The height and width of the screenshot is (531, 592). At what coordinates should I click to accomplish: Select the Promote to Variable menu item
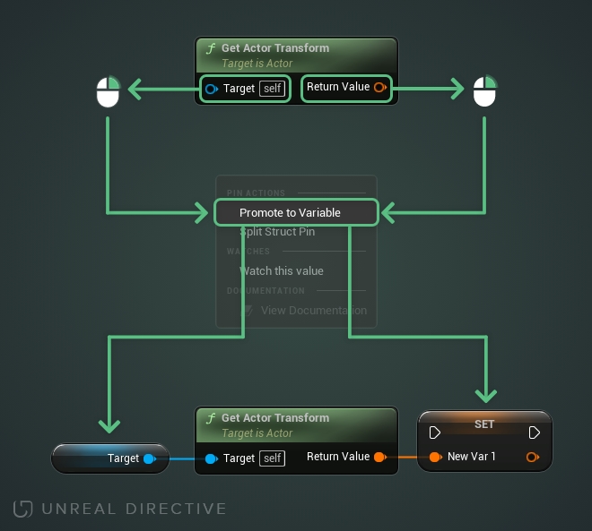pos(290,213)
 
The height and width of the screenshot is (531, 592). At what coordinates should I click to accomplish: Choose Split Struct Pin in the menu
pos(277,232)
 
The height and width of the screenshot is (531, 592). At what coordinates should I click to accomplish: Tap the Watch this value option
pos(281,270)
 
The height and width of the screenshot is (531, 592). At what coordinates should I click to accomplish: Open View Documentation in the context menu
pos(313,311)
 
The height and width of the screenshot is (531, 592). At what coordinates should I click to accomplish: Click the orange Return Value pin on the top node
pos(379,88)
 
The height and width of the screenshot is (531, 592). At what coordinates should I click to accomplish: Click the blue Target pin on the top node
pos(212,89)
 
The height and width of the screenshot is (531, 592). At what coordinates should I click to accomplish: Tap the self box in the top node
pos(272,89)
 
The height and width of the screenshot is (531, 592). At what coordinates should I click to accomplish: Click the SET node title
pos(484,424)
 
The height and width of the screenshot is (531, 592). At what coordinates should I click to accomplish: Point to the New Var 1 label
pos(471,457)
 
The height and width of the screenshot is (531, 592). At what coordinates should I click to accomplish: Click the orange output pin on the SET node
pos(533,458)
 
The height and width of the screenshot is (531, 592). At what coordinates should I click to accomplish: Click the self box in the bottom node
pos(272,458)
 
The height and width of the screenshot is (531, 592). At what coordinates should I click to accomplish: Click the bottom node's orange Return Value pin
pos(379,458)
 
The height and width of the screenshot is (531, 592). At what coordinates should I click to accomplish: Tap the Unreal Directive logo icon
pos(22,509)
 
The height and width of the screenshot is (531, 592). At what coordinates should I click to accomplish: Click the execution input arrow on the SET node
pos(435,433)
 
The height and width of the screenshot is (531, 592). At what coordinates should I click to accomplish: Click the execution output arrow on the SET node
pos(535,433)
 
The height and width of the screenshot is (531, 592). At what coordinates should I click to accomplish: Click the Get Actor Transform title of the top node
pos(274,48)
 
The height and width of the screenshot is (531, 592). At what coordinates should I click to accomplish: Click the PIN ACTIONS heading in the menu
pos(256,193)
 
